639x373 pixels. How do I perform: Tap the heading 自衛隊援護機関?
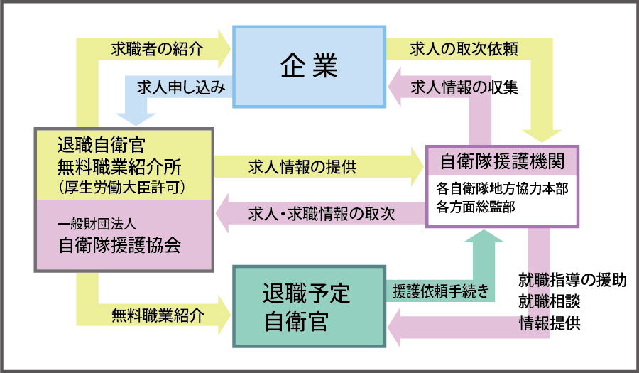(502, 161)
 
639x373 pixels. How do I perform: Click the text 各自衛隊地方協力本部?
(501, 190)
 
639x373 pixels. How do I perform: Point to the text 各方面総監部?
(476, 207)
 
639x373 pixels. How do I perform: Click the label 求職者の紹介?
(157, 49)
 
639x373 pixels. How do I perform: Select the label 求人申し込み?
(180, 87)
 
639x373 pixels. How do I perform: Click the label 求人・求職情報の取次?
(322, 212)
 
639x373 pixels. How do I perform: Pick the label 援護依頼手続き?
(440, 291)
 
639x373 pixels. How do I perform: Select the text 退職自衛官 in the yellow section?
(101, 145)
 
